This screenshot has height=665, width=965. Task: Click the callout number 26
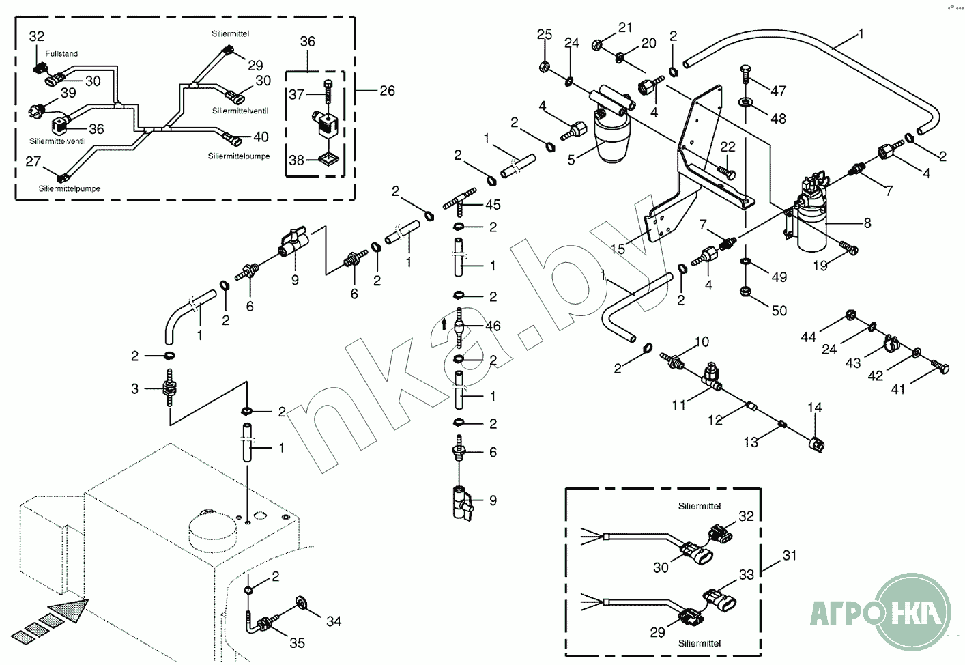pyautogui.click(x=387, y=91)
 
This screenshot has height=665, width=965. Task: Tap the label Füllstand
pyautogui.click(x=61, y=53)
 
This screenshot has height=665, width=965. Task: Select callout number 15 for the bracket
pyautogui.click(x=618, y=249)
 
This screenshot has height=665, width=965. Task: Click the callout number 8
pyautogui.click(x=867, y=223)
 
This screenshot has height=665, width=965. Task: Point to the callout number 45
pyautogui.click(x=493, y=204)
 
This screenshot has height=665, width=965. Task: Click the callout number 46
pyautogui.click(x=493, y=326)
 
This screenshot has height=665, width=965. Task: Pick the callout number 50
pyautogui.click(x=779, y=311)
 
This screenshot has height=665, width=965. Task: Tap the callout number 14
pyautogui.click(x=815, y=408)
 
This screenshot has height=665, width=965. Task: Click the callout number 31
pyautogui.click(x=790, y=555)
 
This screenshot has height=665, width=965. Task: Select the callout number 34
pyautogui.click(x=333, y=621)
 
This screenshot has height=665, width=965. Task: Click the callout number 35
pyautogui.click(x=297, y=642)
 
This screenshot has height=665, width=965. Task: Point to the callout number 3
pyautogui.click(x=134, y=388)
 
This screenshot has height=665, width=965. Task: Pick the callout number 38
pyautogui.click(x=296, y=160)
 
